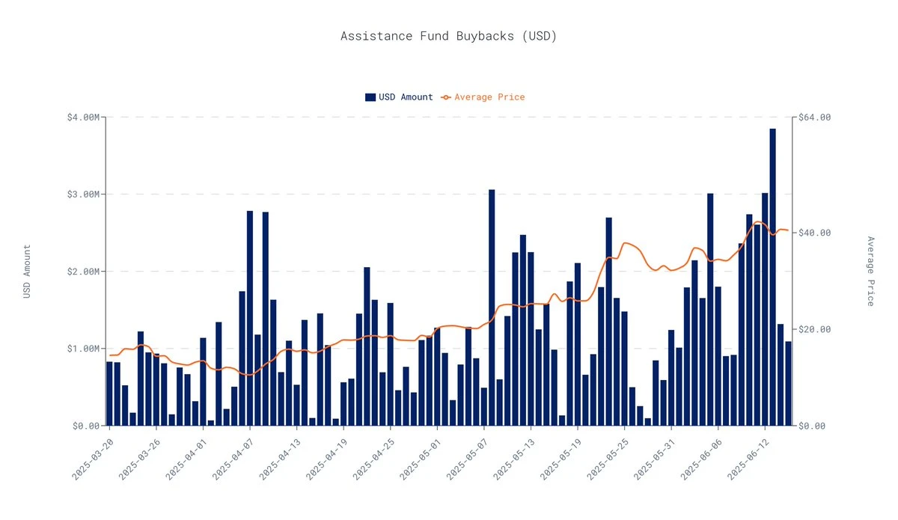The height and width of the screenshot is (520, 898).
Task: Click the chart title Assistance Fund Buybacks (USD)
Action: point(448,36)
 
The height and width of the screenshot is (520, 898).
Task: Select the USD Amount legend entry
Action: point(399,97)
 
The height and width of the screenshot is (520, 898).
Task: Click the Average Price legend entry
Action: point(483,97)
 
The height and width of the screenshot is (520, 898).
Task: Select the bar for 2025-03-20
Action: point(109,394)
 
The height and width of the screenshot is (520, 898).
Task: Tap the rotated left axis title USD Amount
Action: point(27,272)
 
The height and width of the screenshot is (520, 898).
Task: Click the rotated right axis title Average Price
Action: point(870,272)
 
